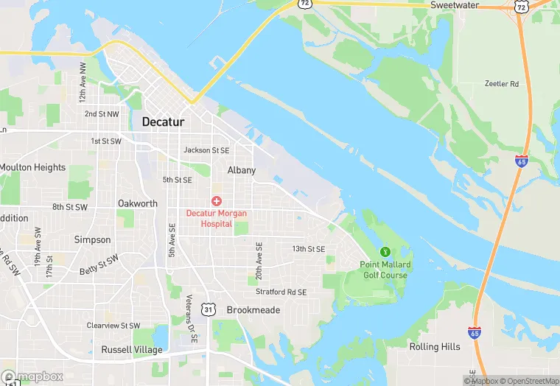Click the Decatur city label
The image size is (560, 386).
[x=163, y=122]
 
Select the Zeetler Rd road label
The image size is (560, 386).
[x=502, y=84]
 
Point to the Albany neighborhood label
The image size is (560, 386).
[x=242, y=170]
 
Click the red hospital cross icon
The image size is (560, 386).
[x=217, y=200]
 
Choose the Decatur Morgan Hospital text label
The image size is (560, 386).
[x=217, y=218]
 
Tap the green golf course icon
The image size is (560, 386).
[x=384, y=253]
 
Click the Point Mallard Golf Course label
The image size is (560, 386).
[x=385, y=270]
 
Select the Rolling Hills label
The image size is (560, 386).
[x=435, y=347]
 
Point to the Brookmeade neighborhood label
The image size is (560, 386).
[x=253, y=310]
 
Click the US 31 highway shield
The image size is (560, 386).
[x=209, y=310]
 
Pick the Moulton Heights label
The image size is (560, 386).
[x=32, y=167]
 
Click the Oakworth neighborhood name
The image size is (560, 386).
[x=138, y=203]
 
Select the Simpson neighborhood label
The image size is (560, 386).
[x=93, y=239]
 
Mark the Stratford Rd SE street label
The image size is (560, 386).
[x=281, y=292]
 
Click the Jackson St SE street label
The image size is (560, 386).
[x=206, y=150]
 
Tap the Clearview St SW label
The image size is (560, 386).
[x=113, y=325]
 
